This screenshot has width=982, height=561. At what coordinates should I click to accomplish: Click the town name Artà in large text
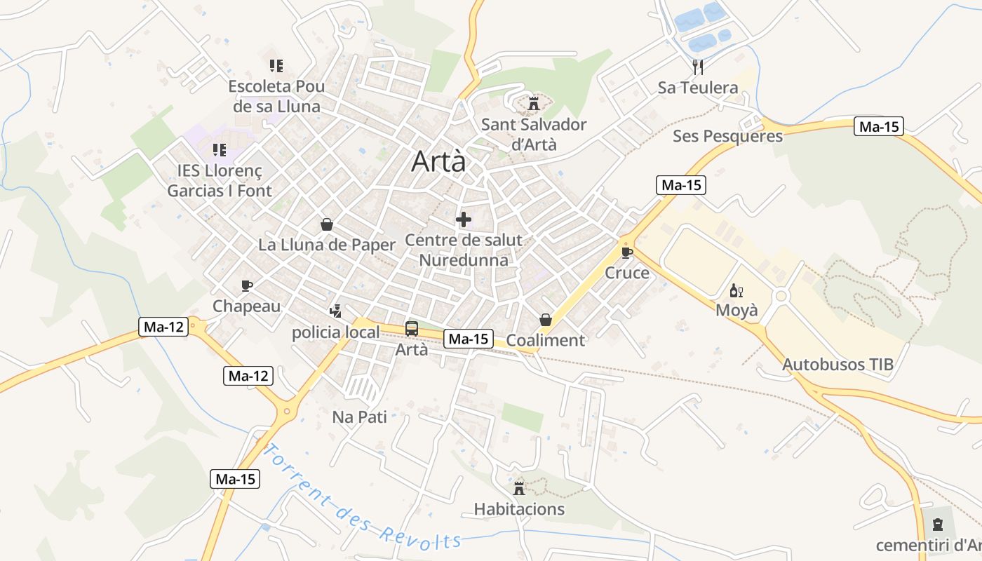(x=438, y=161)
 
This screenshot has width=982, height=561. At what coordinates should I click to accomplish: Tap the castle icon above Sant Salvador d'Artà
(x=534, y=104)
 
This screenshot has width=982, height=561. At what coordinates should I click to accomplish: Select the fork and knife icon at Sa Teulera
(x=697, y=67)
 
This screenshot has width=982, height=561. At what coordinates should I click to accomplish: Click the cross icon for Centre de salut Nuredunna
(x=464, y=219)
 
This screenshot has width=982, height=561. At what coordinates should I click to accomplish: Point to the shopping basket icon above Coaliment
(x=546, y=320)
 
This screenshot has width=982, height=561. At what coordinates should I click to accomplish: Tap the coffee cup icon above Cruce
(x=627, y=252)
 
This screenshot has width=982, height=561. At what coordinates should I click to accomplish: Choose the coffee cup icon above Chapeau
(x=246, y=285)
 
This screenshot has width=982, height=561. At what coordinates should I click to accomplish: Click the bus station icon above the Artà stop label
(x=412, y=328)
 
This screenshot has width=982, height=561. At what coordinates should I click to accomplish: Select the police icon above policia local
(x=336, y=311)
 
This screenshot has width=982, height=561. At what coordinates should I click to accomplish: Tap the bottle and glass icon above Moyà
(x=736, y=290)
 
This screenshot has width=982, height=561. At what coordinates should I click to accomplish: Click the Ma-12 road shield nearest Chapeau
(x=165, y=327)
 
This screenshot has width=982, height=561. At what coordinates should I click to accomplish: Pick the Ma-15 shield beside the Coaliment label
(x=469, y=339)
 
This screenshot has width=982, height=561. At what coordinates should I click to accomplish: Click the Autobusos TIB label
(x=838, y=365)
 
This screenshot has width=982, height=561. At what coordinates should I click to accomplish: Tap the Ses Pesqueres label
(x=727, y=136)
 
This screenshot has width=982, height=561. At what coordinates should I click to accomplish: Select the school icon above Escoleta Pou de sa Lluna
(x=276, y=66)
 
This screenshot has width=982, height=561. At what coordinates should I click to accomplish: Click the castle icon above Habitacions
(x=519, y=487)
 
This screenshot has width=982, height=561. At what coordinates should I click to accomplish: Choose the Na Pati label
(x=359, y=417)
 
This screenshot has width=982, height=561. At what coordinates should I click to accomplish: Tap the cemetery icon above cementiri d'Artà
(x=937, y=525)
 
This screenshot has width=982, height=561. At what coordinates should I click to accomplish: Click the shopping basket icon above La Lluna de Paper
(x=327, y=224)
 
